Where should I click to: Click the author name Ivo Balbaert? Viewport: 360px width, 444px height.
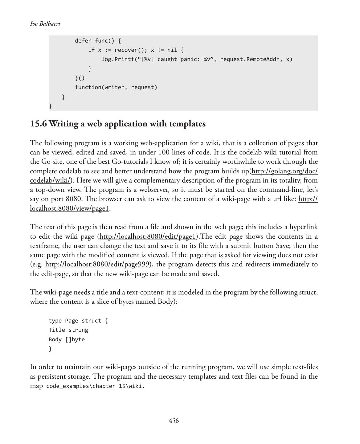tap(45, 24)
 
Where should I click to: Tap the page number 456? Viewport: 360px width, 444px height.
tap(174, 421)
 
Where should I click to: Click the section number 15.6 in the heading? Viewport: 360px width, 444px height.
tap(39, 124)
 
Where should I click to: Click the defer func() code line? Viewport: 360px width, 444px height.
tap(98, 41)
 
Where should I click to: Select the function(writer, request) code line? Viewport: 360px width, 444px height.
tap(116, 87)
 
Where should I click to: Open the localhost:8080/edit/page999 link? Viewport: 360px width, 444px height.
tap(97, 264)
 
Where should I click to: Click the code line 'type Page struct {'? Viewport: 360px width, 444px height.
tap(78, 321)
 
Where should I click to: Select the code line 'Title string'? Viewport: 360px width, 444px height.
tap(68, 330)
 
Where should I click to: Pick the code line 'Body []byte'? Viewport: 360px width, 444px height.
tap(67, 339)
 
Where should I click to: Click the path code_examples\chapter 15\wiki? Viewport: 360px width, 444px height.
tap(95, 386)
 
